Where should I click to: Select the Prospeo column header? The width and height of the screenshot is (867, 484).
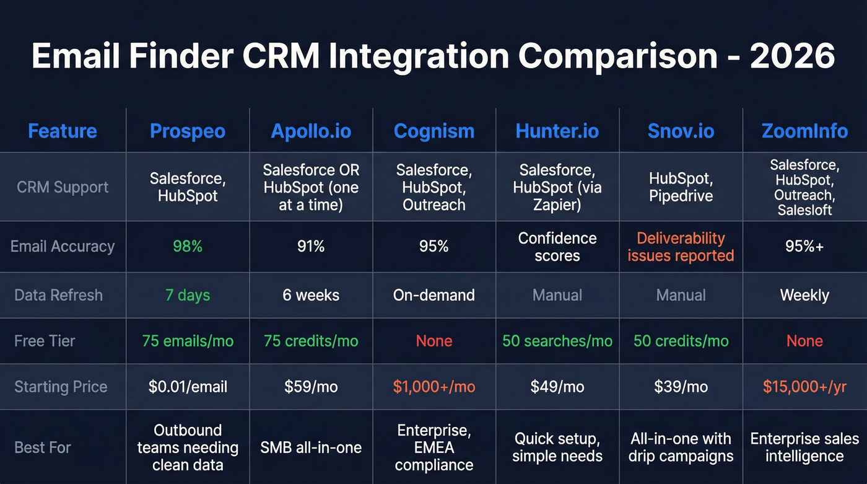coord(188,131)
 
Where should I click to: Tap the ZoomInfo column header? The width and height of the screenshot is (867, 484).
coord(804,131)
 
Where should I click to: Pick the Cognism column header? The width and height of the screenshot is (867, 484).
coord(434,131)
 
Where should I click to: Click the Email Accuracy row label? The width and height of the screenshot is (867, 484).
coord(63,246)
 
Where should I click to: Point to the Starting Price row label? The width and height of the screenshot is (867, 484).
coord(61,387)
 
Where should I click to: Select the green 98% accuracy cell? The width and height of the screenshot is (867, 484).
coord(188,246)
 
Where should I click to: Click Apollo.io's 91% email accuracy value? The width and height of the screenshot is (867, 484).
coord(311,246)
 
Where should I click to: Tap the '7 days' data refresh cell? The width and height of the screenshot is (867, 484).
coord(188,295)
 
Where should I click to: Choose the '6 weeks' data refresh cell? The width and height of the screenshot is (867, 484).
coord(311,295)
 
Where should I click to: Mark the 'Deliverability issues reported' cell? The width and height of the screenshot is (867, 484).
coord(681,247)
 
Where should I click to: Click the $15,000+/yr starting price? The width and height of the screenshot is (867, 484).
coord(804,387)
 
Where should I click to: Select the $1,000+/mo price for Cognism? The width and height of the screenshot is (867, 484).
coord(434,387)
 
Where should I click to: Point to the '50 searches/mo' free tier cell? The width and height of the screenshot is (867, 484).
coord(557,341)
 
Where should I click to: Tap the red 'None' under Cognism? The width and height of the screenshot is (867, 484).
coord(434,341)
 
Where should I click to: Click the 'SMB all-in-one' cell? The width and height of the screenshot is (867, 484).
coord(311,447)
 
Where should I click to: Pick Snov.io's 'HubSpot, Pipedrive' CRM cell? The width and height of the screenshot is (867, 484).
coord(681,187)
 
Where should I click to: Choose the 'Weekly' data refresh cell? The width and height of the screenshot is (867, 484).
coord(804,295)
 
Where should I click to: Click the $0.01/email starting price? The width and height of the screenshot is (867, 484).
coord(188,387)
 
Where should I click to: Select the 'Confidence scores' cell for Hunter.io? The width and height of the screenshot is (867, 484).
coord(557,247)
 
